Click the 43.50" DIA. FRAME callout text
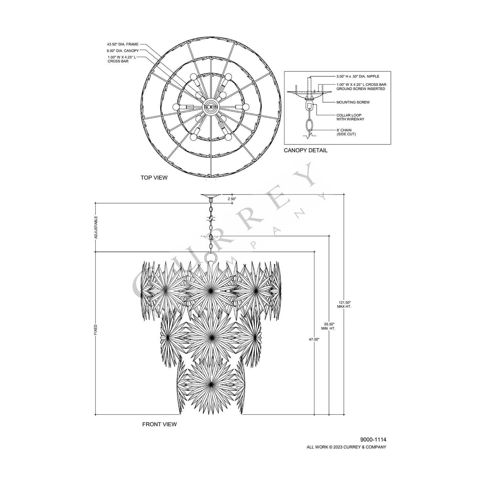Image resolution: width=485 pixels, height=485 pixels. pos(123,44)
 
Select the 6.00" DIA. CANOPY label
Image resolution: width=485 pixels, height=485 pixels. pos(123,51)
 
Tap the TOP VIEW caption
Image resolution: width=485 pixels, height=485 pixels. pos(154,178)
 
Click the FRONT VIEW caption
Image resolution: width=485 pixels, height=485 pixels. pos(159,424)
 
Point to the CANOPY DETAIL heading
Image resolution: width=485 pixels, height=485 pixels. pos(306,150)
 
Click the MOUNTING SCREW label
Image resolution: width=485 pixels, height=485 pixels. pos(353,102)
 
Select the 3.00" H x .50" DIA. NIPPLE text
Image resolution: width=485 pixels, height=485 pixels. pos(358,77)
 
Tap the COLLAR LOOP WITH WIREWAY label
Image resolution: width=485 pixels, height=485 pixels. pos(350,117)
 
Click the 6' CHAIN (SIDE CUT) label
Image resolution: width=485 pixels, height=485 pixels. pos(346,132)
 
